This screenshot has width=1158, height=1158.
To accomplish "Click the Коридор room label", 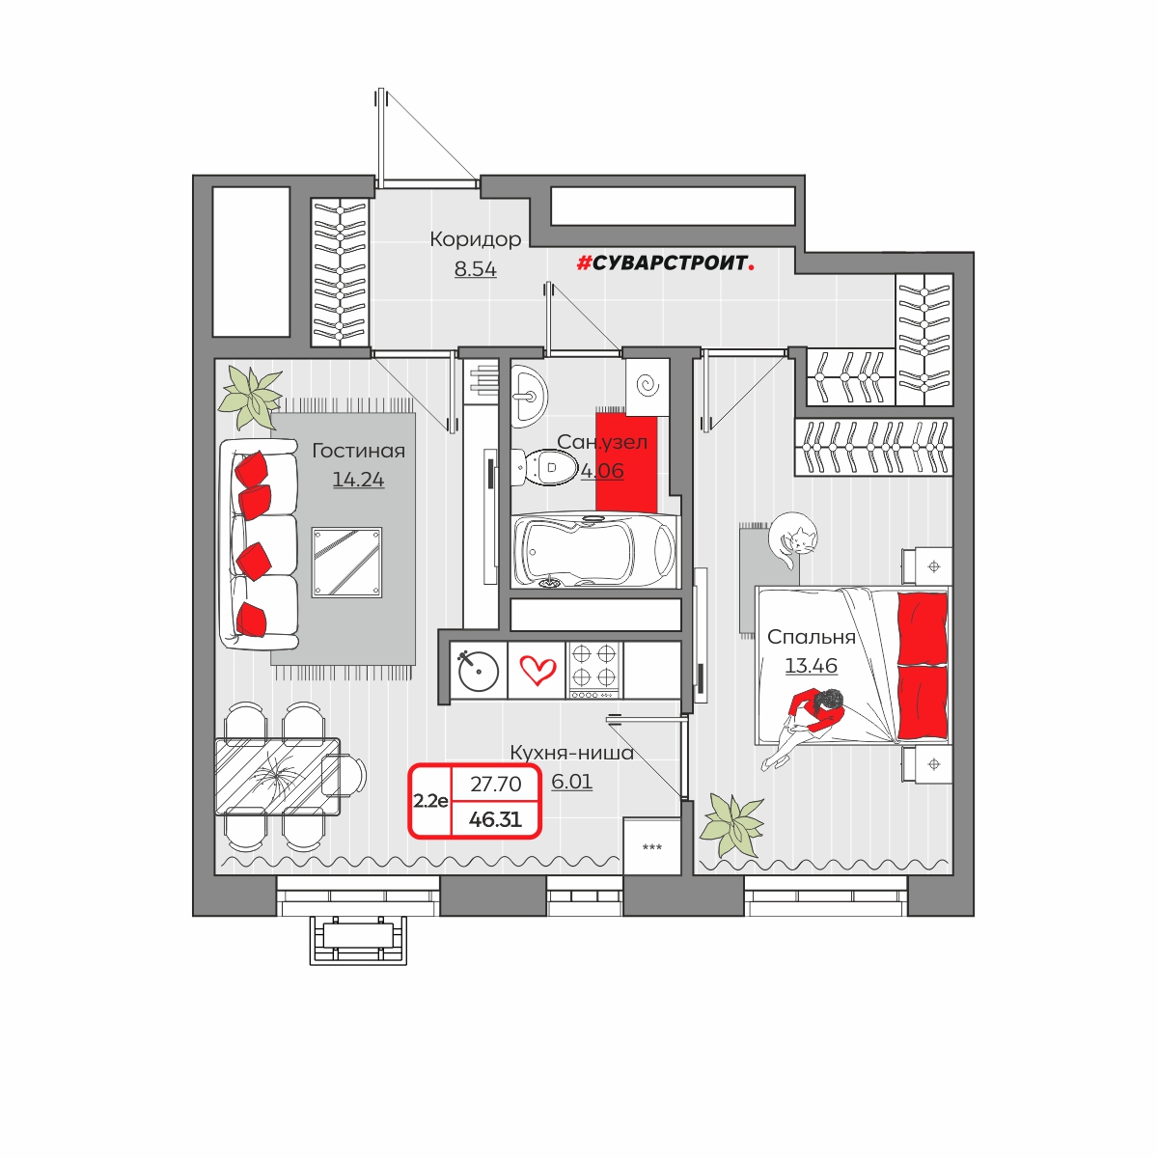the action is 476,239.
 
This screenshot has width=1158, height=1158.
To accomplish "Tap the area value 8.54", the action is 476,268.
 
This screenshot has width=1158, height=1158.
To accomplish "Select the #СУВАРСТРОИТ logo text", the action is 665,262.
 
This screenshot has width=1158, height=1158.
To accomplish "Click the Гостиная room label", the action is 358,451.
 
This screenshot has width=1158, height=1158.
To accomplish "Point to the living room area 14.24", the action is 358,480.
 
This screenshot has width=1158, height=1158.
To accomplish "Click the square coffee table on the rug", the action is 346,563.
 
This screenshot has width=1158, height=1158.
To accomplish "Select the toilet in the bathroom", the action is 542,467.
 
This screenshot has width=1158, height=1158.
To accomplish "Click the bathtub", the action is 595,550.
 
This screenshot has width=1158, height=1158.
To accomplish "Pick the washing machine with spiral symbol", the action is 648,385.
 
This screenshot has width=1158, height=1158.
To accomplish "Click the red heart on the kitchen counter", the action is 538,670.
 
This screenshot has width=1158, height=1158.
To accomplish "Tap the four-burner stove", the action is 593,671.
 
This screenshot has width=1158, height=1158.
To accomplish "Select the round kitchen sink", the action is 479,671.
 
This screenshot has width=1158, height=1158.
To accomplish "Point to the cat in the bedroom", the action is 792,538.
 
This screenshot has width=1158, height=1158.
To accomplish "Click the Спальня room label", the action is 812,637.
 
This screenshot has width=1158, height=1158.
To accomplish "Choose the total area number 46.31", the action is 495,819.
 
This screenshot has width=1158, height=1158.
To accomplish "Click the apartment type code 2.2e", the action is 430,801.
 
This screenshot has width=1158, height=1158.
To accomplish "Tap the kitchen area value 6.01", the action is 571,782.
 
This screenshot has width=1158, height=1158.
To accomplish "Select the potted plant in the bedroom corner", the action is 733,824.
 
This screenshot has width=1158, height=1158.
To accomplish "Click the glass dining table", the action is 278,777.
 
